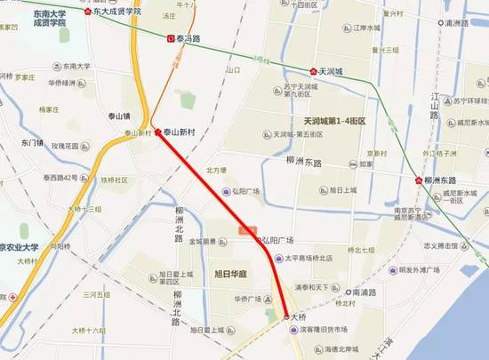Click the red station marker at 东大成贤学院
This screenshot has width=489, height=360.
[87, 12]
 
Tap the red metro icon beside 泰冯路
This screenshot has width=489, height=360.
[171, 38]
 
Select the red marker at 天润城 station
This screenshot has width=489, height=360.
[313, 71]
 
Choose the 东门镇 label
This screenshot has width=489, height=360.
[31, 142]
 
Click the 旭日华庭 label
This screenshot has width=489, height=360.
[230, 273]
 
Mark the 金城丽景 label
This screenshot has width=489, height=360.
[203, 241]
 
